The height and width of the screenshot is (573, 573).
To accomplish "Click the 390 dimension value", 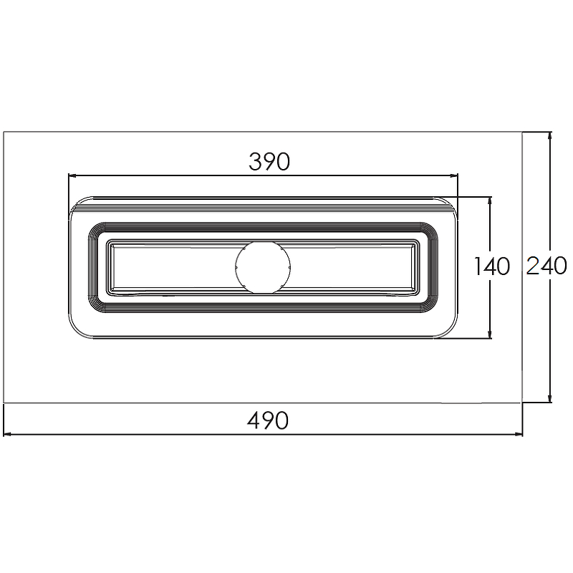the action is coord(269,161).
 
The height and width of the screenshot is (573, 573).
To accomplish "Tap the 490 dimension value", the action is coord(268,420).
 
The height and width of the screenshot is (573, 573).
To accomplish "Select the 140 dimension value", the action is coord(492,266).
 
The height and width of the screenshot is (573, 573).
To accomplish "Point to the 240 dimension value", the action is coord(546,266).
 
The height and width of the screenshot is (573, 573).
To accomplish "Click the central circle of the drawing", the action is coord(263,267).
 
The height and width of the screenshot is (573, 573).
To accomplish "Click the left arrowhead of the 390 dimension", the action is coord(72,175).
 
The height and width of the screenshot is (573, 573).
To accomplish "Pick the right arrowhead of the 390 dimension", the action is coord(453,175).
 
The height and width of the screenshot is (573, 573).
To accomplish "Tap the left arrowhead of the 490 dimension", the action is coord(7,434).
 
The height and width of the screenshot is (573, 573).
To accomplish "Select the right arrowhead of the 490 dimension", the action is coord(519,434).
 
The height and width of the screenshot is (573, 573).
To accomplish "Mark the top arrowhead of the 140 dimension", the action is coord(490,201).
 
